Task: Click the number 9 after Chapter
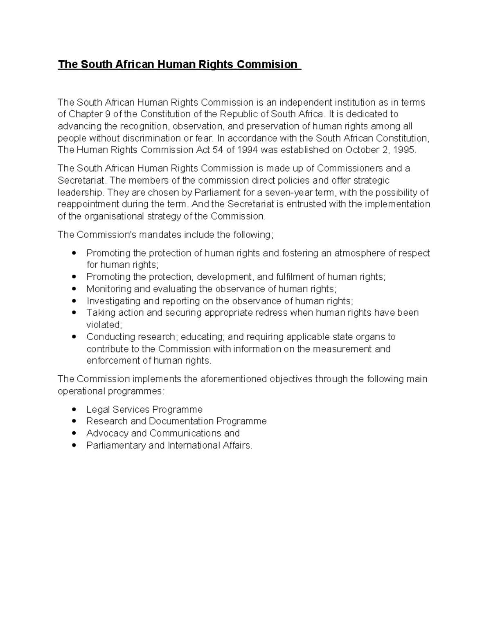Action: [x=108, y=114]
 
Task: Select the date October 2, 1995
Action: [x=380, y=150]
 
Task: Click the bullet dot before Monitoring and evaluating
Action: [x=74, y=289]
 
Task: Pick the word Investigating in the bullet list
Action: [x=109, y=301]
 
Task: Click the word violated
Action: [x=103, y=325]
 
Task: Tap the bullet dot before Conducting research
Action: [x=74, y=337]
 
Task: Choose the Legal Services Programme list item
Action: [x=144, y=409]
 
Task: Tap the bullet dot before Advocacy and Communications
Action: [x=74, y=433]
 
